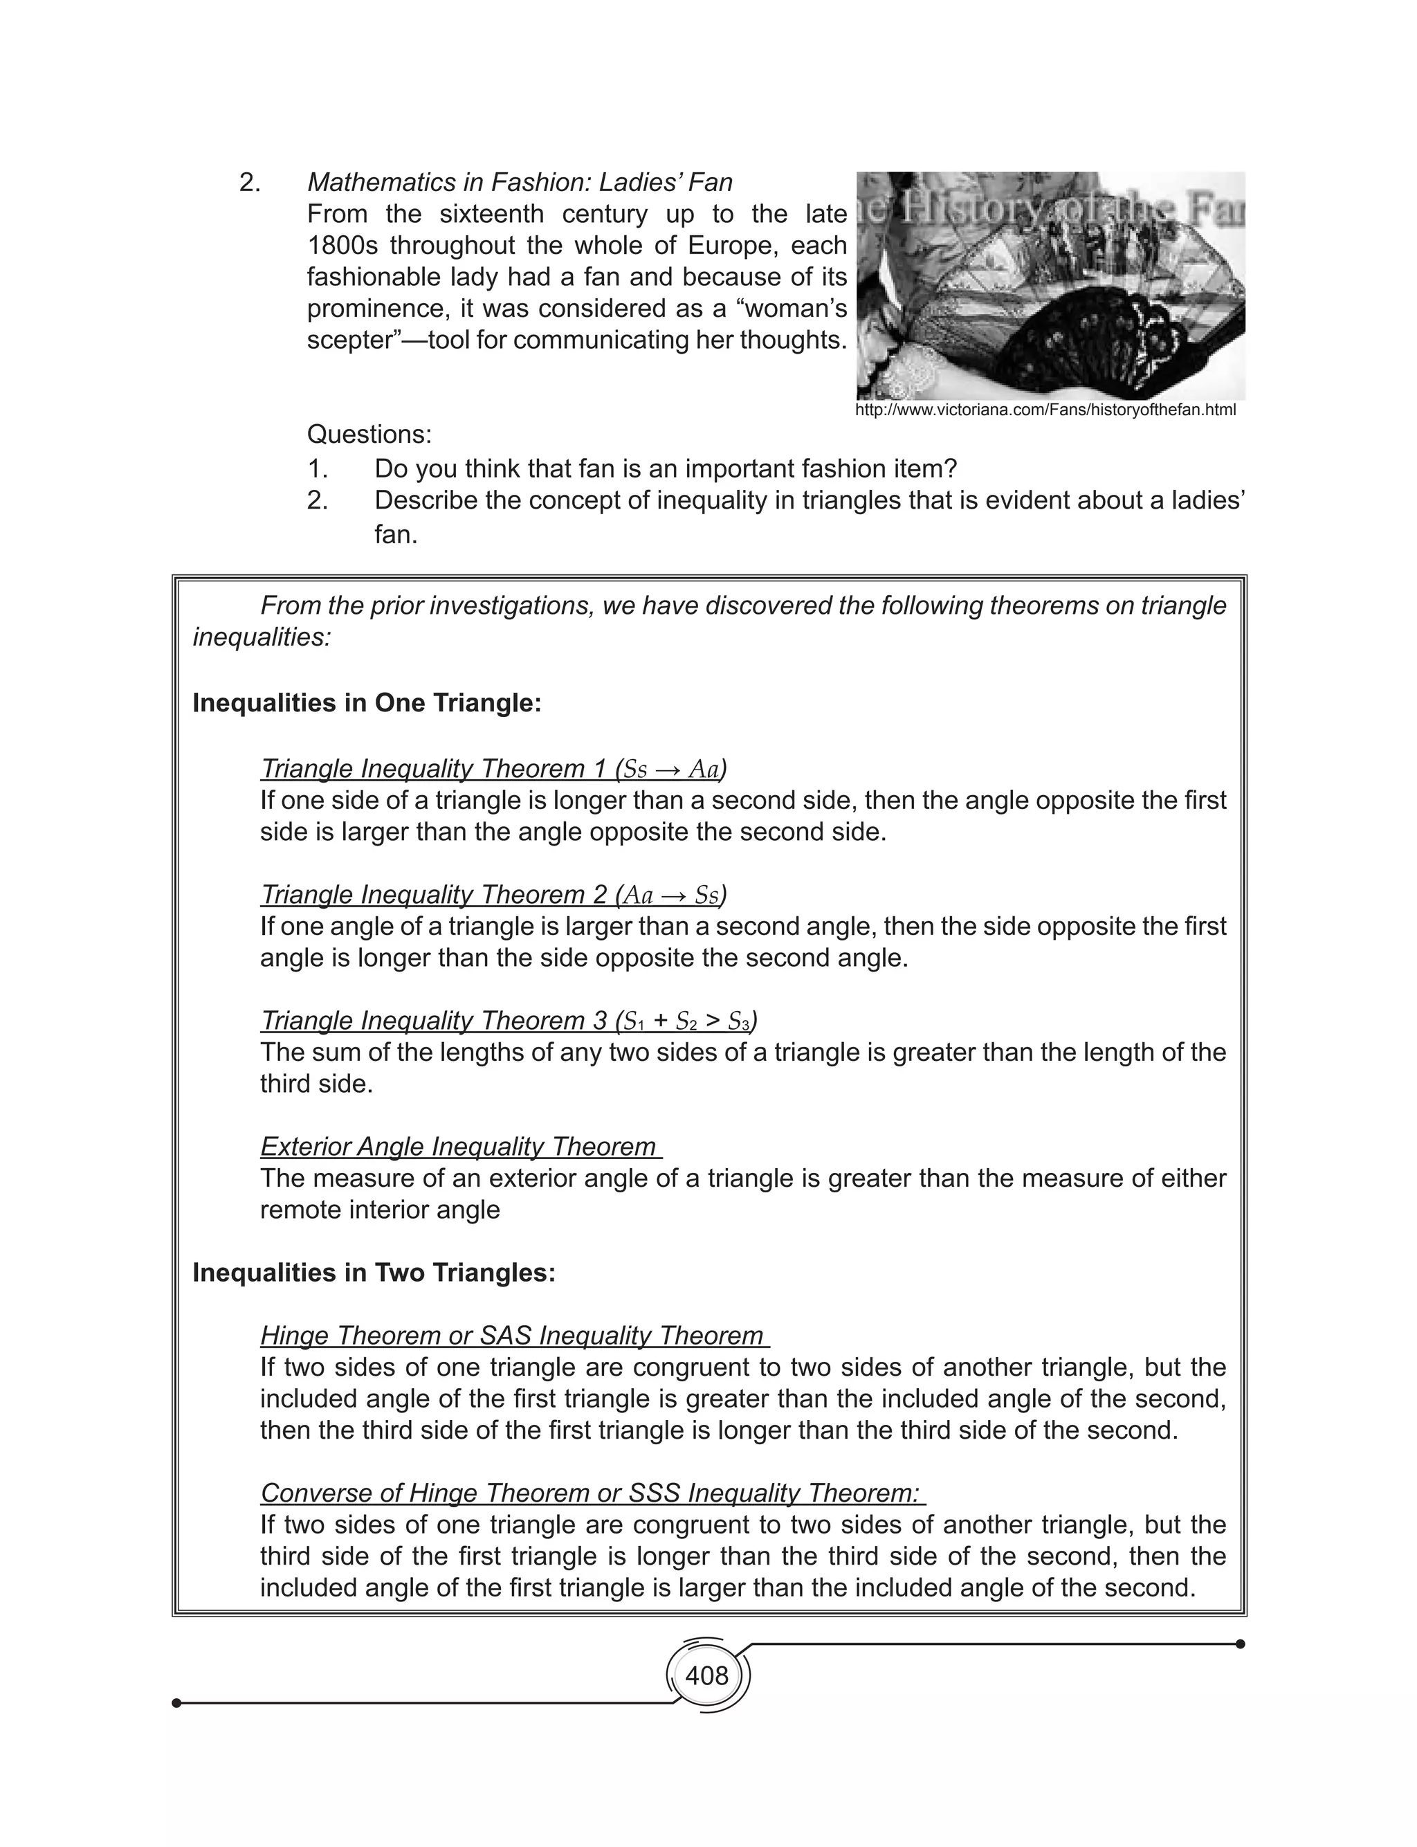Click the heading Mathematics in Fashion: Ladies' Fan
tap(520, 182)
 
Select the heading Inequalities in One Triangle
tap(366, 702)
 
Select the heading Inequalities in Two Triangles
tap(374, 1273)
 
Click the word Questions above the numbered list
tap(369, 435)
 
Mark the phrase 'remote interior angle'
tap(380, 1210)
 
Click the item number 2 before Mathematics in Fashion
tap(250, 183)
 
